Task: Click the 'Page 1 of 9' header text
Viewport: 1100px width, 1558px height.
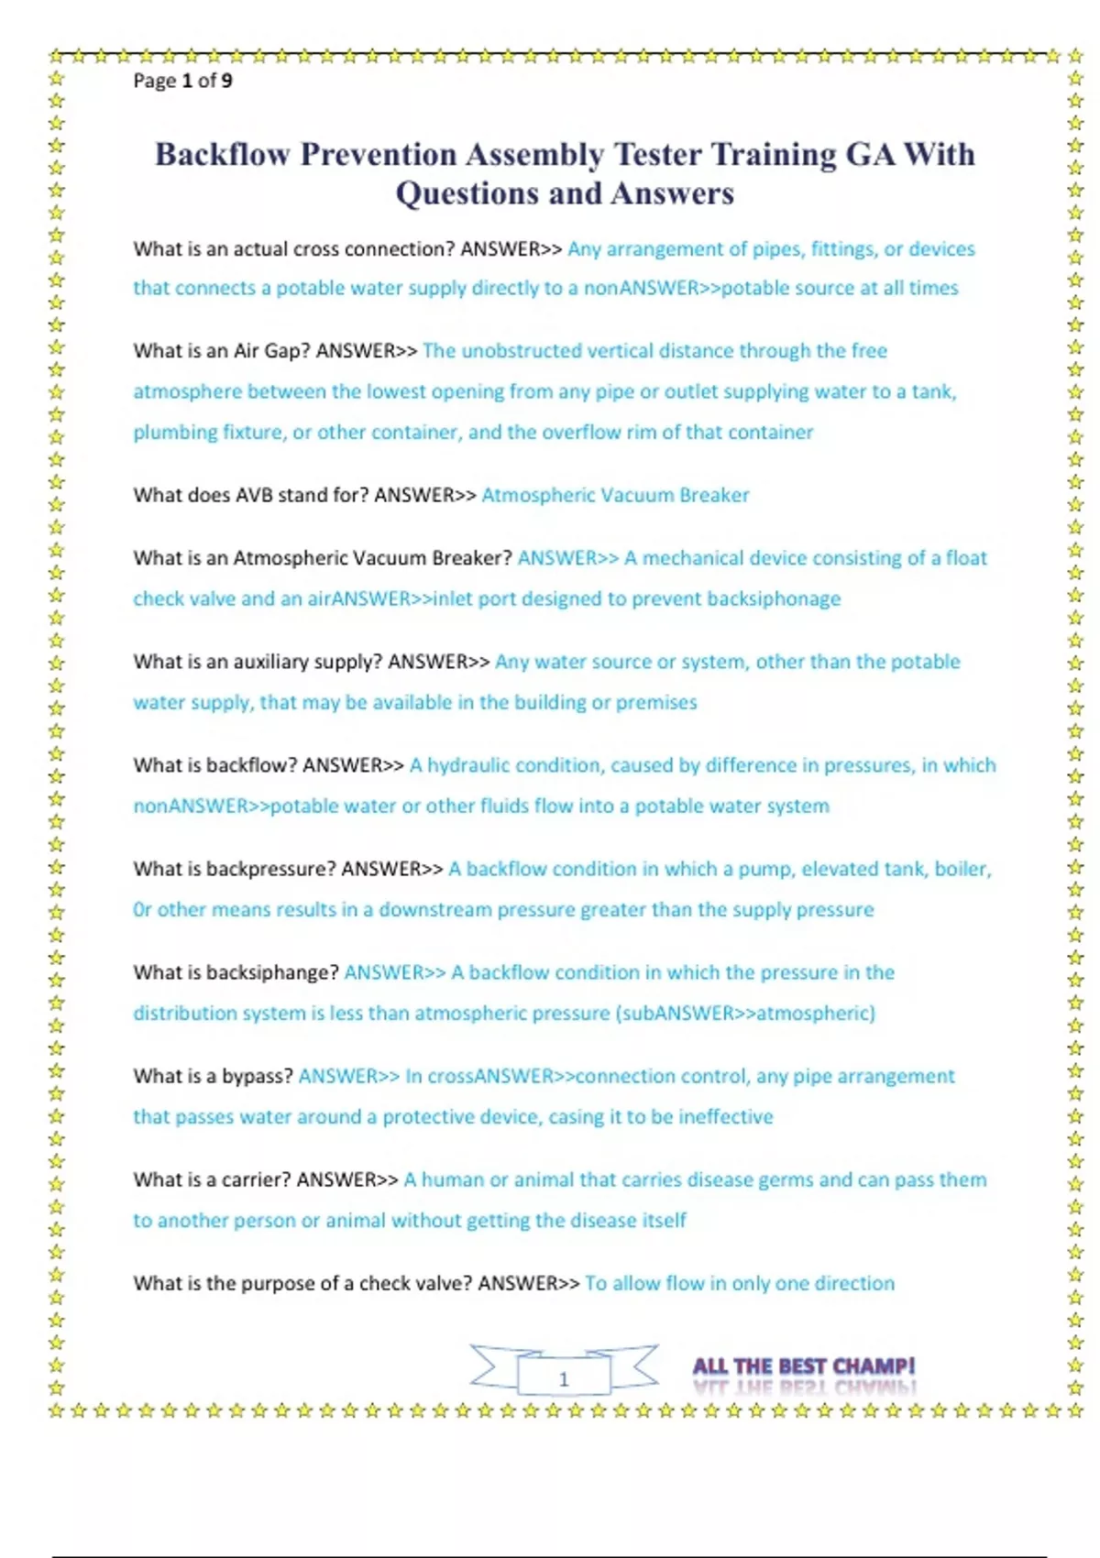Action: point(182,81)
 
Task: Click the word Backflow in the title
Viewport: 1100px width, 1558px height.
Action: point(222,154)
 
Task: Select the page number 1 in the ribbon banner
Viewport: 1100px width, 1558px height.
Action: point(564,1378)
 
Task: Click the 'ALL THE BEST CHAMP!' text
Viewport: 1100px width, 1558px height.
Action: point(804,1366)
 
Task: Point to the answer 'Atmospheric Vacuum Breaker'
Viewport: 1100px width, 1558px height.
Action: point(615,495)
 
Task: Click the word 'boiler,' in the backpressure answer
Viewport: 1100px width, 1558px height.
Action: point(962,869)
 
